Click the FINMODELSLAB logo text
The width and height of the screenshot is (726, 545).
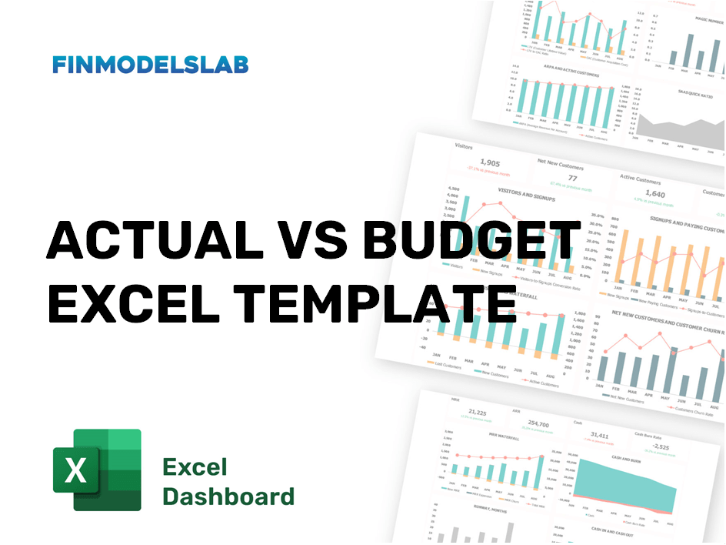pyautogui.click(x=151, y=65)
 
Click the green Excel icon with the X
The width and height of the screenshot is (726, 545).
pyautogui.click(x=97, y=470)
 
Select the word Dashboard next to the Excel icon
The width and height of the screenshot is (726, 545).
pyautogui.click(x=228, y=496)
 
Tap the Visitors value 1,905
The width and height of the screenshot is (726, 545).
pyautogui.click(x=490, y=162)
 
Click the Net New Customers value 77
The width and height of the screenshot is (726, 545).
pyautogui.click(x=571, y=178)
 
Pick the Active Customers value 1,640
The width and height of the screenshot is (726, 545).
pyautogui.click(x=654, y=194)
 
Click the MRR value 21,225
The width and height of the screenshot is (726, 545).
pyautogui.click(x=478, y=413)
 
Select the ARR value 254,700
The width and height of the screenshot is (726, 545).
pyautogui.click(x=539, y=424)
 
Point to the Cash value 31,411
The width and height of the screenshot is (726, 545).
pyautogui.click(x=600, y=436)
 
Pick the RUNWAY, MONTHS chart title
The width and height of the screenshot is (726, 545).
pyautogui.click(x=475, y=509)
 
